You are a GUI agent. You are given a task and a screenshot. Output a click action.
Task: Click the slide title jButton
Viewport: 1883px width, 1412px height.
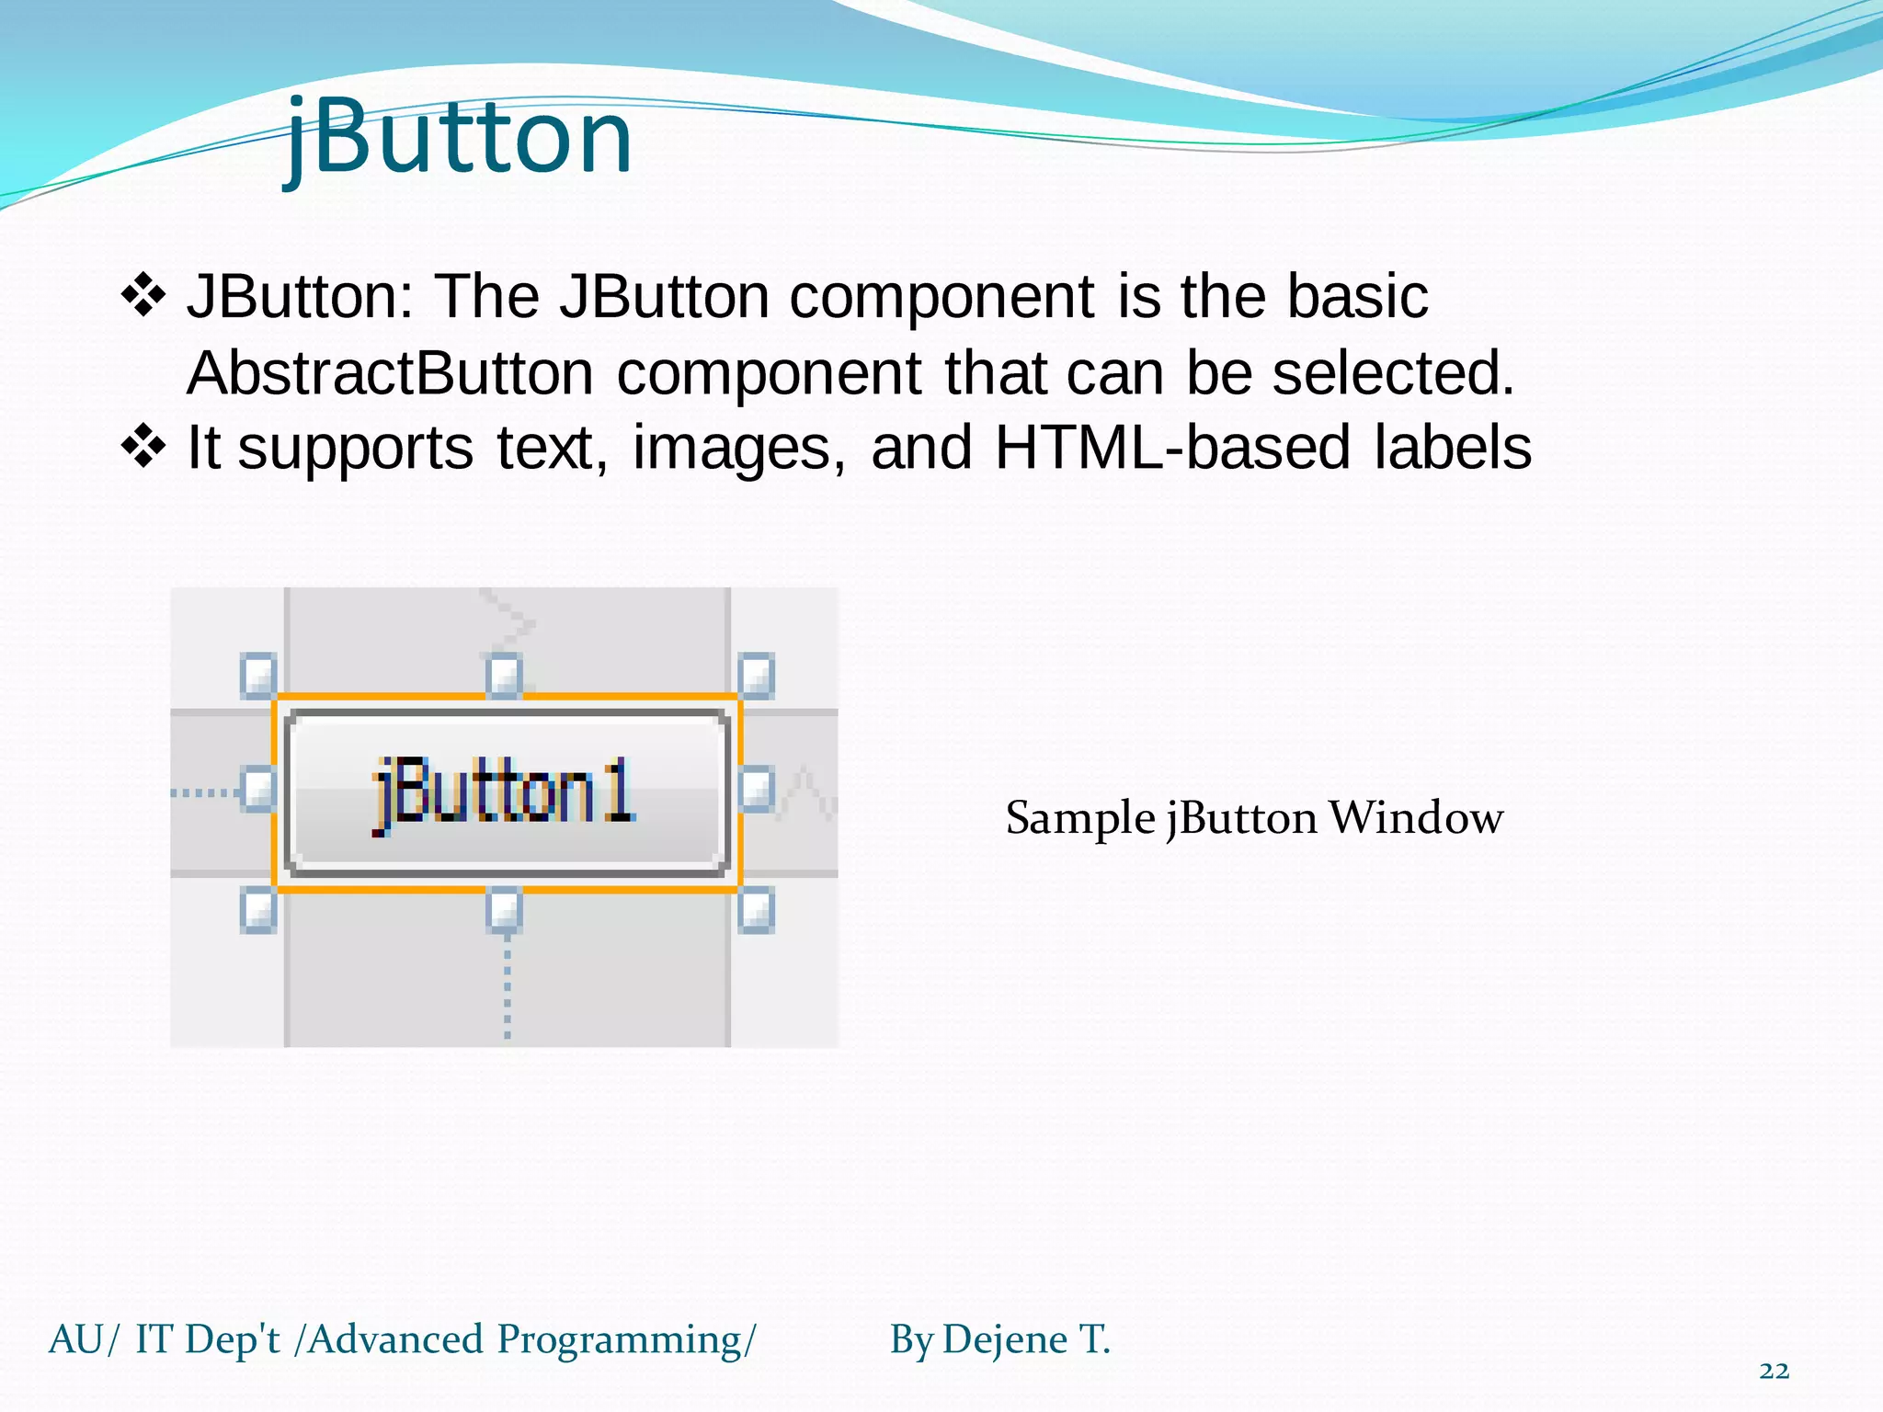pos(458,138)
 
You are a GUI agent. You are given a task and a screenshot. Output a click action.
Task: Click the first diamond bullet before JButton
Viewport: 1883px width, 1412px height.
pos(143,296)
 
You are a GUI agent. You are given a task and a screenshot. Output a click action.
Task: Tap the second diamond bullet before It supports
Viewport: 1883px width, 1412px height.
pos(143,448)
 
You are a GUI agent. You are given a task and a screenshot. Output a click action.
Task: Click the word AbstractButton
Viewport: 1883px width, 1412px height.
pos(390,373)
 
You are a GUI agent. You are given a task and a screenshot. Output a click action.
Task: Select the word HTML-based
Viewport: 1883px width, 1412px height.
pos(1173,448)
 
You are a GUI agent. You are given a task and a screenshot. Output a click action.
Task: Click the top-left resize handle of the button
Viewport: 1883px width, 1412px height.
pos(258,676)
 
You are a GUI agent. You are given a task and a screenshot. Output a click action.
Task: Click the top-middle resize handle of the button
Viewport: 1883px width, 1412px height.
pos(504,676)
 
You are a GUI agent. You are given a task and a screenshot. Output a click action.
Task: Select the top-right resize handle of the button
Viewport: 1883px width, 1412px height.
pos(756,676)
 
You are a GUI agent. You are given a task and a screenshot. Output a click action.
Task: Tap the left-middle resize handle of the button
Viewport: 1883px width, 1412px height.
pos(258,790)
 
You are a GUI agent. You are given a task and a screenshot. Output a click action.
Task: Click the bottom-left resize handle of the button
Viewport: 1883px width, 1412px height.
pos(258,910)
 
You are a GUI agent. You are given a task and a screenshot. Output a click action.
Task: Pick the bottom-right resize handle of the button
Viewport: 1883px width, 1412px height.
pos(756,910)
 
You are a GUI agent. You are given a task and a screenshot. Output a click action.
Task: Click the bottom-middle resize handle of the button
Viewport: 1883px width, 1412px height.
pos(504,910)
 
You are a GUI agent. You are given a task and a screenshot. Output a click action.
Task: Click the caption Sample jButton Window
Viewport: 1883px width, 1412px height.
pos(1254,818)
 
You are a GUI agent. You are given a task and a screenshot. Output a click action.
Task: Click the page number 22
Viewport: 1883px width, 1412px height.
pos(1774,1371)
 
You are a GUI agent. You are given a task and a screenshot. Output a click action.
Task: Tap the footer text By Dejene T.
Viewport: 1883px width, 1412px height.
pos(999,1339)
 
